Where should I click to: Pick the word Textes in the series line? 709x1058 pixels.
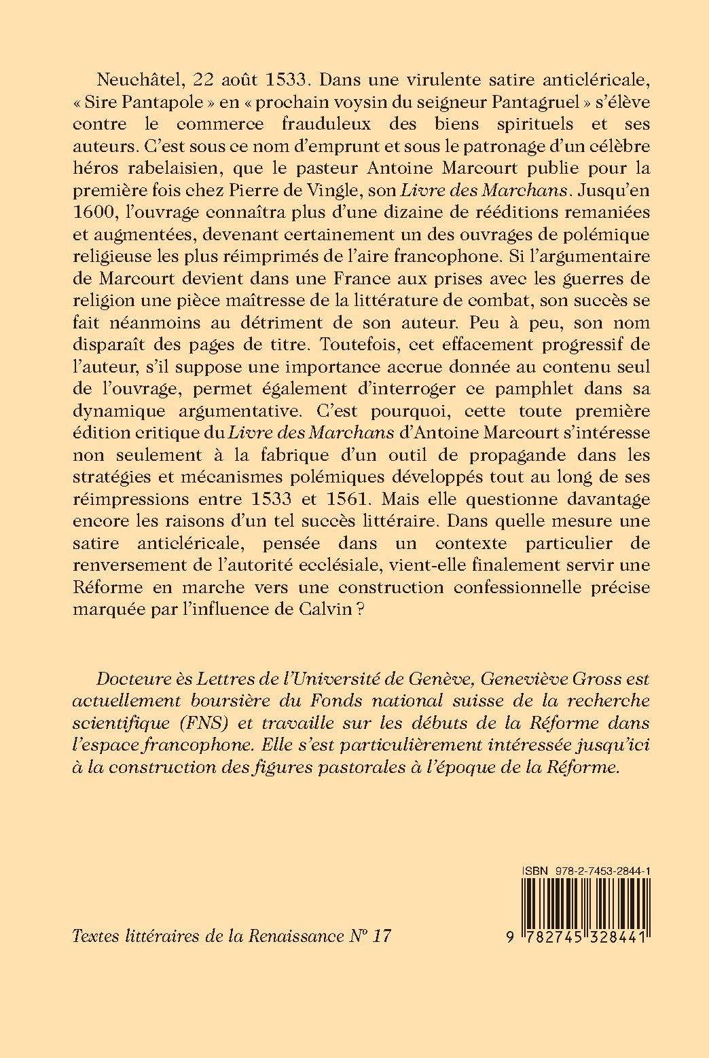point(93,937)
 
